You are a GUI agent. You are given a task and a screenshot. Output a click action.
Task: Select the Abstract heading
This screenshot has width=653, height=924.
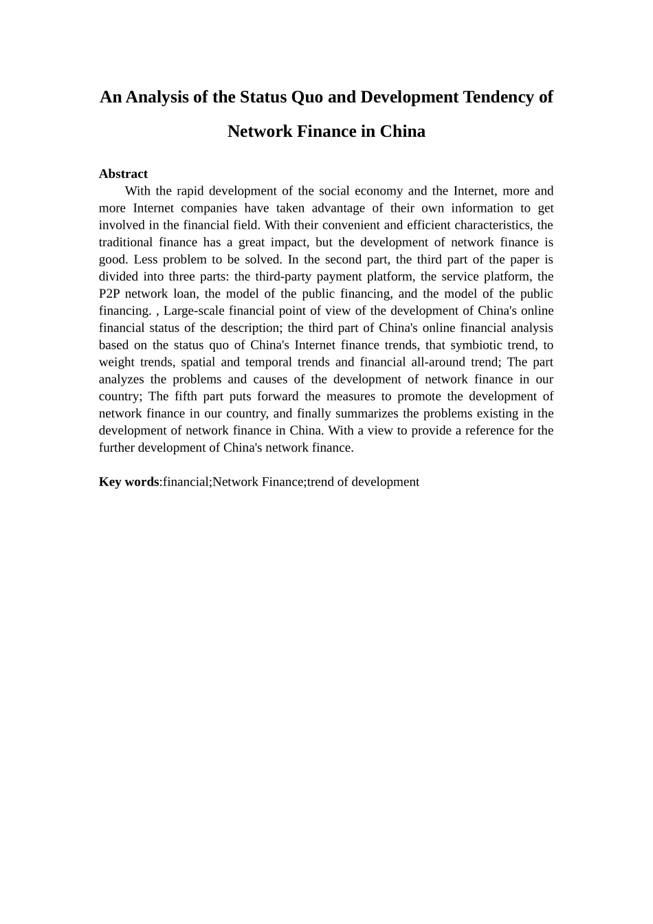pyautogui.click(x=123, y=174)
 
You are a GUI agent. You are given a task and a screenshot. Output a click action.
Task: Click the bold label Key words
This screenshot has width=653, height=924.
pyautogui.click(x=129, y=482)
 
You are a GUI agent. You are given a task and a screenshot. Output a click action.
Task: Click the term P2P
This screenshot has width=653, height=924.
pyautogui.click(x=111, y=294)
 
